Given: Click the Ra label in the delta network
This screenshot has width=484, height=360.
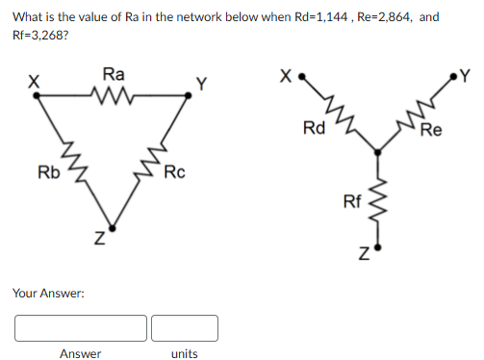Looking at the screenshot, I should coord(113,73).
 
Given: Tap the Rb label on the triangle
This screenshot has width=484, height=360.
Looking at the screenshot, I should coord(47,172).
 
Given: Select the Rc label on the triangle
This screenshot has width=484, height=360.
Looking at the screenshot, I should coord(174,172).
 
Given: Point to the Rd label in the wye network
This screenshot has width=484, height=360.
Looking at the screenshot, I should coord(314,127).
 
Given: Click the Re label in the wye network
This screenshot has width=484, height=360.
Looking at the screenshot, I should coord(430,130).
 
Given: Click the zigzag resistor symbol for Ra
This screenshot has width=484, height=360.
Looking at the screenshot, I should coord(113,94).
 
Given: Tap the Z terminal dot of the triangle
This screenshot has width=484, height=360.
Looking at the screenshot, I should coord(112,228).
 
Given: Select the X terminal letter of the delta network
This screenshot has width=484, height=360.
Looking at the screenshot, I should coord(33,83).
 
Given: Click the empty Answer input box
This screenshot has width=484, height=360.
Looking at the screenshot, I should coord(81,327).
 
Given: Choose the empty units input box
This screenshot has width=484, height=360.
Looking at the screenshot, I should coord(184,327).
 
